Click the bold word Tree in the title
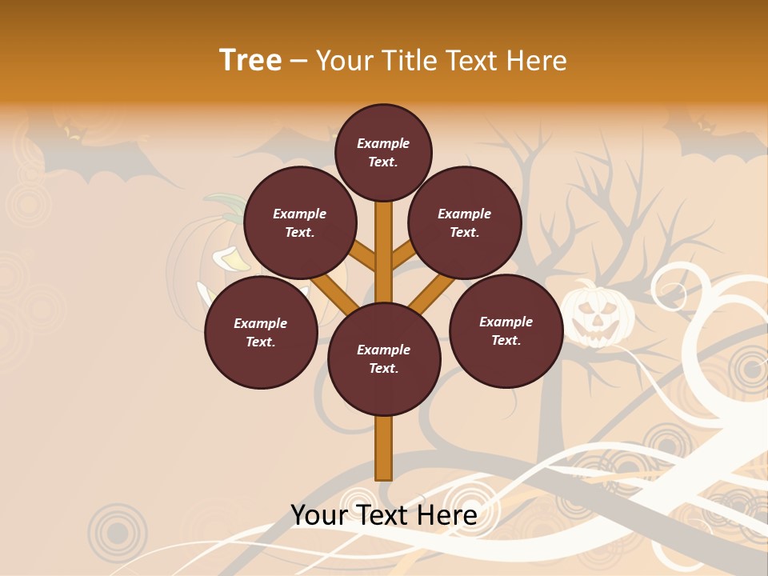point(250,60)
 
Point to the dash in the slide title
point(298,61)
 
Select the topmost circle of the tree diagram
point(383,152)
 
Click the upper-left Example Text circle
point(300,222)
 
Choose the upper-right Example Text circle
point(465,222)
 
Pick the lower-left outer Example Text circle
point(261,332)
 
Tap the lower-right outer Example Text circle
point(506,330)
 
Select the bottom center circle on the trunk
point(384,358)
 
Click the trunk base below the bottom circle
point(384,448)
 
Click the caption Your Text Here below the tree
point(384,514)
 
